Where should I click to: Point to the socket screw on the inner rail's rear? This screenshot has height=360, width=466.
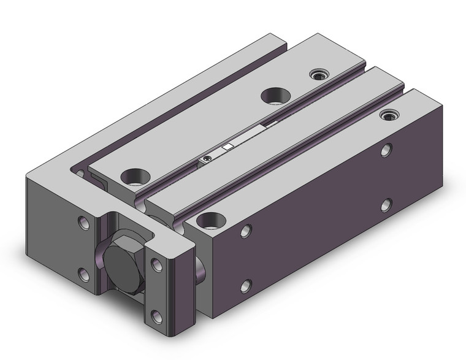(319, 75)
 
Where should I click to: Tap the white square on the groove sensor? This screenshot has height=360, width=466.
(227, 147)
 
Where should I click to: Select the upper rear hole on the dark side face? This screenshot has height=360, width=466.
(386, 149)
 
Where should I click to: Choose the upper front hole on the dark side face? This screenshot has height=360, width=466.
(246, 231)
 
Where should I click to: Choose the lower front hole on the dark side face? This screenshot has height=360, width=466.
(246, 285)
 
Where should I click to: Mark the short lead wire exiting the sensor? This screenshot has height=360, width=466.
(269, 124)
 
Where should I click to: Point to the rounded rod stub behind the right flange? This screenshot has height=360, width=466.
(200, 264)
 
